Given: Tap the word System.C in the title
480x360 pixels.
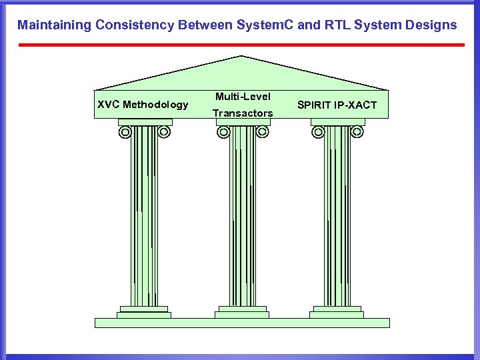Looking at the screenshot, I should coord(263,25).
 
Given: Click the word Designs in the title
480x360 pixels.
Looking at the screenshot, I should coord(430,25).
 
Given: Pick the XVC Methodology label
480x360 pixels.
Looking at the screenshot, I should coord(143,105).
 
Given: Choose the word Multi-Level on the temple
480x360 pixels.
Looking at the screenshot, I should coord(243,97).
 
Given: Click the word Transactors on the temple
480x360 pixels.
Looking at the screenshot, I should coord(243,113).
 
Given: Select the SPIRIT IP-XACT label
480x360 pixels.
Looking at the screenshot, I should coord(337,105).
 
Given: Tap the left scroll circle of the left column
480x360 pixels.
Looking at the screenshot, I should coord(125,132).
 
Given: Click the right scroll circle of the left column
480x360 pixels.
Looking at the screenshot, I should coord(164,132).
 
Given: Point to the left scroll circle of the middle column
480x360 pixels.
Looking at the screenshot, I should coord(223,132).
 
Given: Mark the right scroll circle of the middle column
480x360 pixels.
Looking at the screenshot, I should coord(262,132).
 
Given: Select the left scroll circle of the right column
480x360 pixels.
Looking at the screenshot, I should coord(318,132).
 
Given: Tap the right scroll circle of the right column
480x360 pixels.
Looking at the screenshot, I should coord(357,132).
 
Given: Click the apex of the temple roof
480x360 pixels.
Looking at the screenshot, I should coord(241,57).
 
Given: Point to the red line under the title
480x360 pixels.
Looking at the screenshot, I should coord(241,45).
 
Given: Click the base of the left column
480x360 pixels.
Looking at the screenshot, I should coord(144,312).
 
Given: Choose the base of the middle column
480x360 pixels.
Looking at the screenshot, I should coord(243,312).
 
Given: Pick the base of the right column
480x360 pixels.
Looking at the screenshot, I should coord(337,312).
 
